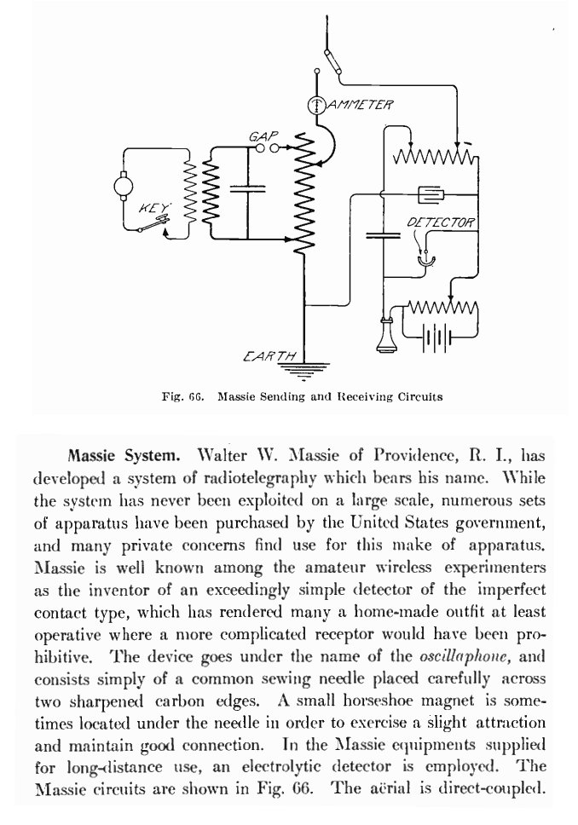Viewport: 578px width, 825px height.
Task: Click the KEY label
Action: [x=153, y=208]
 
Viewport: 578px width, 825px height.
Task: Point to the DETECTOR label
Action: [x=441, y=222]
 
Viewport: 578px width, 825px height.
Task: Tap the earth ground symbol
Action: [x=305, y=371]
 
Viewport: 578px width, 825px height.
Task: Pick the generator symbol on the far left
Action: [x=123, y=186]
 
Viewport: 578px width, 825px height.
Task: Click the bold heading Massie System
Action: [x=124, y=455]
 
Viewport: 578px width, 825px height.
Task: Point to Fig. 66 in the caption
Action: [x=182, y=396]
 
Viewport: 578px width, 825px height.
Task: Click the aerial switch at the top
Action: [x=332, y=62]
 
